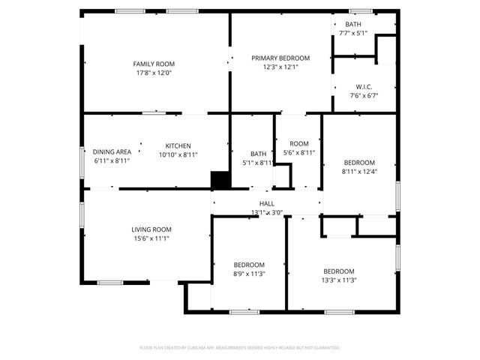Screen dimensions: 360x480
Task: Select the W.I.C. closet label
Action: (x=364, y=86)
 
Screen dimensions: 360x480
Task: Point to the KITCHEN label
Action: (x=178, y=145)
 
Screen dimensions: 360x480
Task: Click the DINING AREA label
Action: (x=112, y=151)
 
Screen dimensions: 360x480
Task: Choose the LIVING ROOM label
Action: (x=152, y=229)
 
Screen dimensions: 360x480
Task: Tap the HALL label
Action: (x=266, y=203)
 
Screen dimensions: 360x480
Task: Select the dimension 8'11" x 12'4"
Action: (x=359, y=172)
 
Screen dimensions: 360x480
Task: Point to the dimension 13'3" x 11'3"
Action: (x=339, y=280)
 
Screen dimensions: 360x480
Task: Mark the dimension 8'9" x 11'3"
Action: (x=248, y=274)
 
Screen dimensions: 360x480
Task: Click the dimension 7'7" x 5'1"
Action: (x=352, y=33)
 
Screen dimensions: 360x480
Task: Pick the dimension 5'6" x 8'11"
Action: (x=298, y=152)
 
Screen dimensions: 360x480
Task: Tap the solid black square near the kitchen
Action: (x=220, y=180)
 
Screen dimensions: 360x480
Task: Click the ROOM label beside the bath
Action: (x=298, y=143)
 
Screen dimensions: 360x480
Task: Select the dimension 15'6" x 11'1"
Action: (x=152, y=238)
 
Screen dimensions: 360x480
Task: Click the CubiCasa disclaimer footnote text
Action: (x=240, y=348)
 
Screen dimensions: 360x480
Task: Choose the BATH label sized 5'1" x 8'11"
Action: (x=258, y=154)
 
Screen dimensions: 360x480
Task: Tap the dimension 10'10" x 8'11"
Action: (x=178, y=154)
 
